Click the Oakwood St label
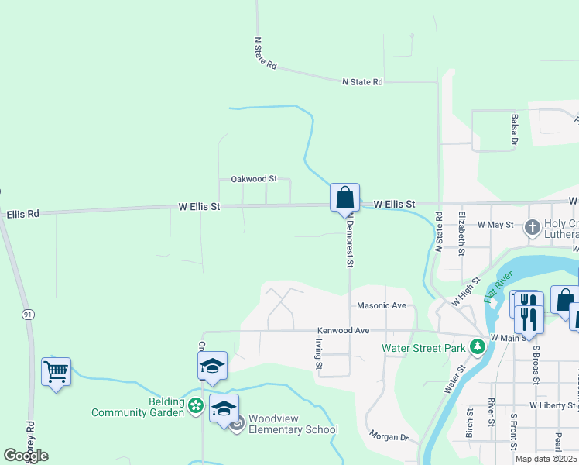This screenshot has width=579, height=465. (x=254, y=179)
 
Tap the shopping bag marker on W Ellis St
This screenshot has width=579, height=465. (x=344, y=197)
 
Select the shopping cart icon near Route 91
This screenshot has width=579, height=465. (x=57, y=372)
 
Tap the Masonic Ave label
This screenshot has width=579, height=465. (x=382, y=306)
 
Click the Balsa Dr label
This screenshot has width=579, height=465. (x=514, y=129)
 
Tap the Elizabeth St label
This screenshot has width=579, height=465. (x=462, y=232)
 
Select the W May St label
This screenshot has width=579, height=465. (x=495, y=225)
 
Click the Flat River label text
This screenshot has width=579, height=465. (x=498, y=286)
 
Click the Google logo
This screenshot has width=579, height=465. (x=26, y=456)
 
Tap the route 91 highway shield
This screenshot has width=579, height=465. (x=28, y=314)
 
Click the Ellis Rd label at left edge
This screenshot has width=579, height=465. (x=22, y=213)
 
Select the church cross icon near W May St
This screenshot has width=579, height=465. (x=532, y=228)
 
